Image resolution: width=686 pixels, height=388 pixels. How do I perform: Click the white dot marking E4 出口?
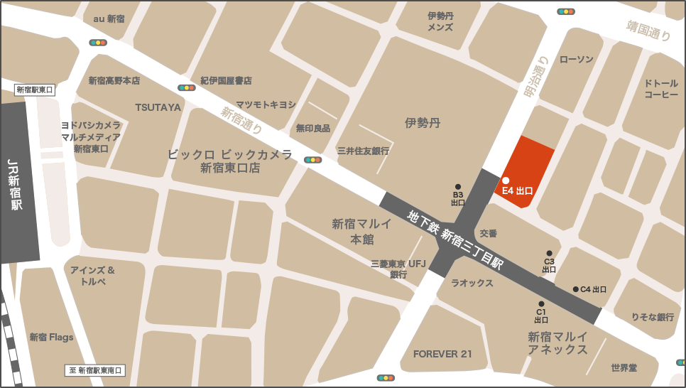coord(506,180)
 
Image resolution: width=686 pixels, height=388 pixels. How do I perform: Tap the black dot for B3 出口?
coord(458,187)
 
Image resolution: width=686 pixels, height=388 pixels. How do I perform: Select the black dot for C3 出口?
coord(549,253)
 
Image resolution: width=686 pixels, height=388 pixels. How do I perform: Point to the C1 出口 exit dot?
coord(541,304)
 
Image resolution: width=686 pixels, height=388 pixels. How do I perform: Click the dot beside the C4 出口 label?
coord(575,289)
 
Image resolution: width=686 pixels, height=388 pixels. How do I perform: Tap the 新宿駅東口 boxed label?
coord(35,90)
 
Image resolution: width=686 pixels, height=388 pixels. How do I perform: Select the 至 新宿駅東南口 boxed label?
coord(95,370)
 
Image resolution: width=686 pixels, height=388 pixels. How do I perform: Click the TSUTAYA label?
coord(158,107)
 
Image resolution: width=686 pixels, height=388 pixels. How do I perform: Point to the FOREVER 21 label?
coord(442,354)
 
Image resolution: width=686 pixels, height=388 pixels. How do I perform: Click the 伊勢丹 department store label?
coord(423,123)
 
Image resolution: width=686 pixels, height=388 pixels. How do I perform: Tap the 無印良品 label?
coord(313,129)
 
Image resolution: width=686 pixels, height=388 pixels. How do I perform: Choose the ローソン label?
coord(577,59)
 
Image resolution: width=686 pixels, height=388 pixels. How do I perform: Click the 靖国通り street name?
coord(648,31)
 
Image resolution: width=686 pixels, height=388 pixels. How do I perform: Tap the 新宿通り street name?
coord(241,120)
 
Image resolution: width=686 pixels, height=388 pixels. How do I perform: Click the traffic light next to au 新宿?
coord(98,43)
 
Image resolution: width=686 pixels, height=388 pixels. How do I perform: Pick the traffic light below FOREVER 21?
coord(386,378)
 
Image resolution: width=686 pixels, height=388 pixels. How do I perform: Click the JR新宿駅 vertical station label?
coord(16,185)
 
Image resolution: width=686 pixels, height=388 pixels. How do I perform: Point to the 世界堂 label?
coord(624,367)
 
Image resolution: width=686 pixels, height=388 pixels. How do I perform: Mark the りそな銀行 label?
coord(653,317)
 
